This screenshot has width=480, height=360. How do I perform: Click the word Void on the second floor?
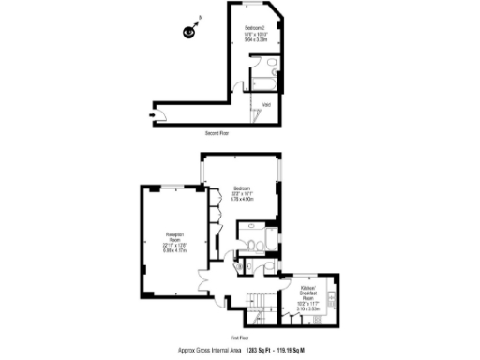tap(266, 103)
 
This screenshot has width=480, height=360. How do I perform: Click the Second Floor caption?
tap(217, 133)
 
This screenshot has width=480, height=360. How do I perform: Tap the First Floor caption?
tap(240, 336)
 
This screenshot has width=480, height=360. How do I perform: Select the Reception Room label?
tap(174, 236)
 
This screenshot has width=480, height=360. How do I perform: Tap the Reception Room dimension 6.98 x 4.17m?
tap(174, 250)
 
